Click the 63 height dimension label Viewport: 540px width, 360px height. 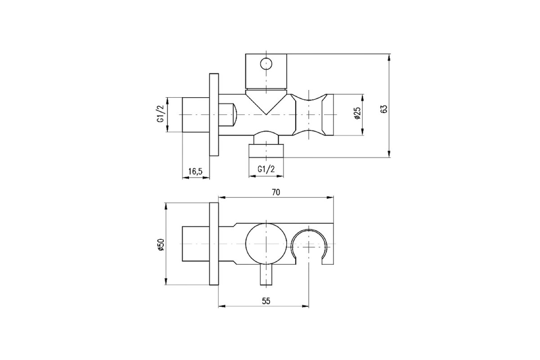[x=384, y=109]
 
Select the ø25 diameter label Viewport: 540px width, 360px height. [x=357, y=113]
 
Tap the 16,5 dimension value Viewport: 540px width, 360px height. [x=195, y=171]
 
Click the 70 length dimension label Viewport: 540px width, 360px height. [x=276, y=192]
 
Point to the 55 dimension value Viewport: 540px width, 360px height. [x=266, y=301]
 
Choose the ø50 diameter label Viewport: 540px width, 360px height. [x=161, y=244]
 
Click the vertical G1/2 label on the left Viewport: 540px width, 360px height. [x=161, y=113]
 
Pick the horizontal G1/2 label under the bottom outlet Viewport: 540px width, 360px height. [x=266, y=169]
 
